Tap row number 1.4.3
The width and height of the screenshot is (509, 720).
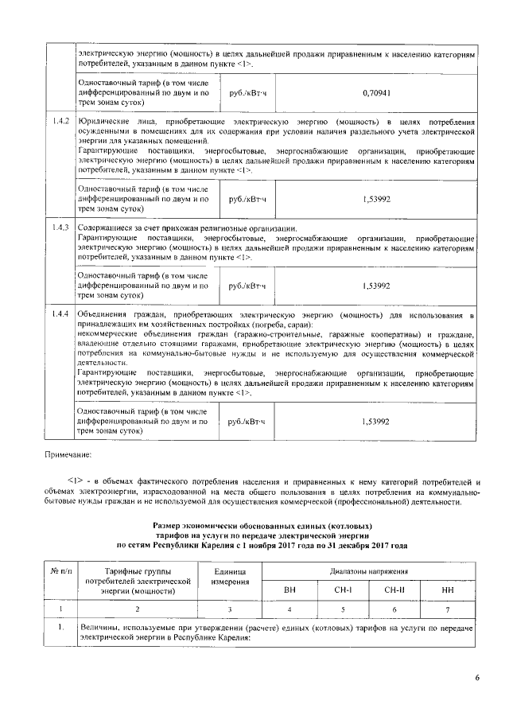(58, 228)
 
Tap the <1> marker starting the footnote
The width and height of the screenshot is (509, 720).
(76, 482)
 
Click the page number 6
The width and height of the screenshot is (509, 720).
(477, 678)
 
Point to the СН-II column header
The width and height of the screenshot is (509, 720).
(395, 589)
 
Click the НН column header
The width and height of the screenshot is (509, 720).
(449, 589)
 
